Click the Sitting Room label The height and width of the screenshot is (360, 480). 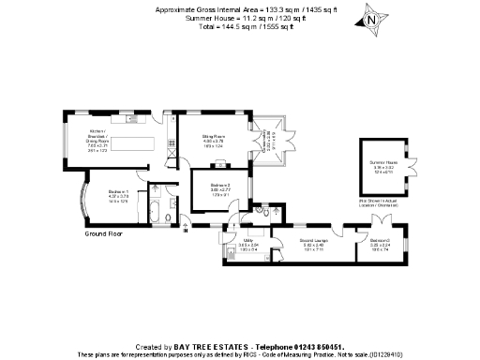point(215,140)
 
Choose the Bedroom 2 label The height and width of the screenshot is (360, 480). point(220,189)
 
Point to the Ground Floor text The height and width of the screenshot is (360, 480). point(104,232)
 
